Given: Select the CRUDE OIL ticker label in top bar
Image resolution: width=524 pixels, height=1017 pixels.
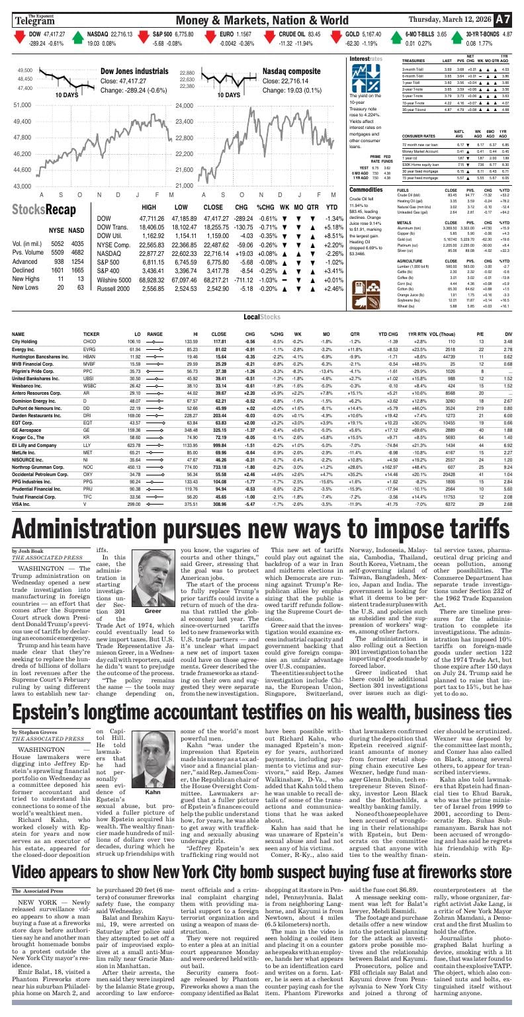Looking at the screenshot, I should tap(291, 34).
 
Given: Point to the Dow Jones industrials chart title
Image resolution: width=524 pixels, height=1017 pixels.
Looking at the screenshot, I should tap(134, 71).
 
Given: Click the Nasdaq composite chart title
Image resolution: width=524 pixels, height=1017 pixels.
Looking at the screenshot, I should tap(291, 71).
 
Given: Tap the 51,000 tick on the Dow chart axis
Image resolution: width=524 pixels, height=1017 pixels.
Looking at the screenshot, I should tap(22, 105).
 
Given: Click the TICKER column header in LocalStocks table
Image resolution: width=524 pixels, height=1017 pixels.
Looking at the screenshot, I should tap(91, 334).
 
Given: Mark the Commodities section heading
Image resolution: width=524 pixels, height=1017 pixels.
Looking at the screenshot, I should tap(366, 189).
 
